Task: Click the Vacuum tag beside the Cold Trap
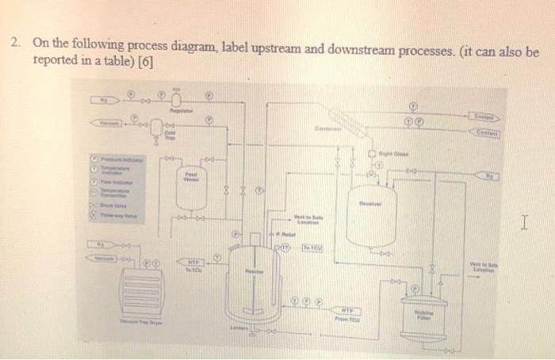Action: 107,123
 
